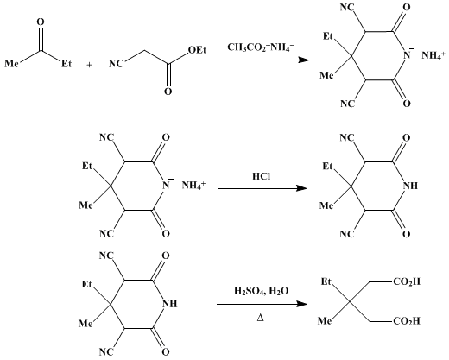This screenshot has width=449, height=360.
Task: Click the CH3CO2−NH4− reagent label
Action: [261, 47]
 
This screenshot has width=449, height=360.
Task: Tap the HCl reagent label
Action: [262, 176]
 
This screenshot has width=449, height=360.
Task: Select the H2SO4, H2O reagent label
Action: [261, 292]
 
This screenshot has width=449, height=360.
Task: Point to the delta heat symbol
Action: [260, 319]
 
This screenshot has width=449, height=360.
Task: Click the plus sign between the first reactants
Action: [90, 66]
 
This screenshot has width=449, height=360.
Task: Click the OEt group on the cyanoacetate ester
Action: [198, 50]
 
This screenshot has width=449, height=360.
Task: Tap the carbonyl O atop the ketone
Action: [41, 22]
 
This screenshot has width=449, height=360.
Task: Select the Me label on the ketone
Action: [11, 63]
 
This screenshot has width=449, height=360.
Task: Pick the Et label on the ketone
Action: [66, 63]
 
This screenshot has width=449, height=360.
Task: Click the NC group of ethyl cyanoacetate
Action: [116, 64]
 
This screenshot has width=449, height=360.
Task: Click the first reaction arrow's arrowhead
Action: [303, 60]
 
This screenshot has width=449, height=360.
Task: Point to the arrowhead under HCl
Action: [301, 188]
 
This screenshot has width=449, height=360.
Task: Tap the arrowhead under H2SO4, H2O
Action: [301, 304]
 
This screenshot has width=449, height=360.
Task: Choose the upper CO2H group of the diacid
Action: [407, 282]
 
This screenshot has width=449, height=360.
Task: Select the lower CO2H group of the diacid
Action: [407, 321]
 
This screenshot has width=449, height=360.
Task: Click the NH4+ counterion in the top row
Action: [433, 55]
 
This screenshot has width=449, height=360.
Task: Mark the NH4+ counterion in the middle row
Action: [193, 186]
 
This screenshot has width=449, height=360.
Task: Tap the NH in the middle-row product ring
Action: [410, 186]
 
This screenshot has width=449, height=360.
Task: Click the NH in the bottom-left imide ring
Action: [170, 304]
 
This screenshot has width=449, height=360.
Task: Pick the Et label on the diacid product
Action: [326, 282]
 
